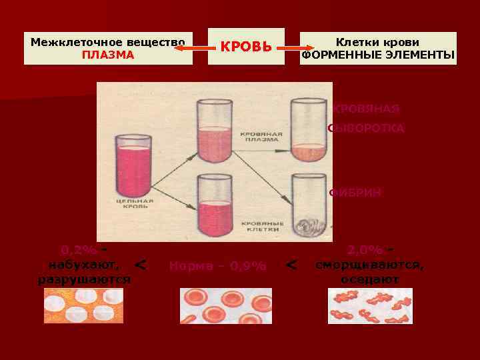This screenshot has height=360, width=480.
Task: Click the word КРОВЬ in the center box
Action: click(x=246, y=47)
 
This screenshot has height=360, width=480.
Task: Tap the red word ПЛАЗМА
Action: click(x=108, y=55)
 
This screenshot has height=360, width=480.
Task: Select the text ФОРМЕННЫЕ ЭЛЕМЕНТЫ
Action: click(x=378, y=55)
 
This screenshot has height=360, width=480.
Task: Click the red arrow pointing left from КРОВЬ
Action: click(x=193, y=48)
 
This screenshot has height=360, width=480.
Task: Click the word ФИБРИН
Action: click(x=356, y=193)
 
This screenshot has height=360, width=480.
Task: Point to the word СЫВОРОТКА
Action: click(x=366, y=128)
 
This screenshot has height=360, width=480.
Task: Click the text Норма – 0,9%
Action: click(x=217, y=266)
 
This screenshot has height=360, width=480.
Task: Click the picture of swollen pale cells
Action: click(x=83, y=306)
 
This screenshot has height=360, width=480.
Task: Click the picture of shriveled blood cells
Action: click(x=370, y=306)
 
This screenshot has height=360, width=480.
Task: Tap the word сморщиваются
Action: click(x=369, y=265)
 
